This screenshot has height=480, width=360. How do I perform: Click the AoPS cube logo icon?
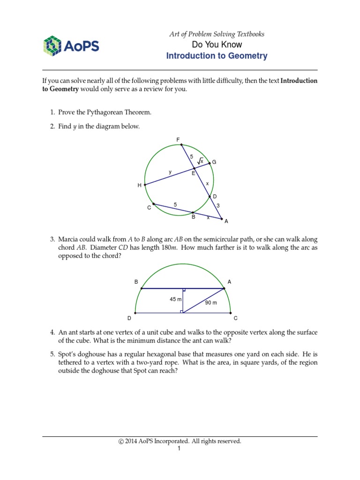point(52,46)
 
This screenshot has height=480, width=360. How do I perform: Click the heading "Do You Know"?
point(217,45)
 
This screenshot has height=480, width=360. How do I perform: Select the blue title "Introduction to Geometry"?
point(217,56)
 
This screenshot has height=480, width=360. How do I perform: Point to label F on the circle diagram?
point(178,139)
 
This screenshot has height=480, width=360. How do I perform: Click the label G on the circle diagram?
point(214,162)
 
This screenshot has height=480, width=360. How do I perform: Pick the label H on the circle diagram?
point(139,186)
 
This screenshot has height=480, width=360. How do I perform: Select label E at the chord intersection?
point(193,173)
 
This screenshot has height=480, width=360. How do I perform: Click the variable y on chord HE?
point(170,172)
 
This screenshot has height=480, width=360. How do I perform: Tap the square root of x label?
point(200,161)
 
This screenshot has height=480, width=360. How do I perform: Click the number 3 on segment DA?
point(218,205)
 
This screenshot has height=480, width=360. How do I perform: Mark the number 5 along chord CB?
point(175,205)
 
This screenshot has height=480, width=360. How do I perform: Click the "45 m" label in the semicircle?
point(176,299)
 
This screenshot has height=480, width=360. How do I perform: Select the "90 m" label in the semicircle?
point(210,303)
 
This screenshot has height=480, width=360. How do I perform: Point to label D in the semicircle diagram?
point(129,318)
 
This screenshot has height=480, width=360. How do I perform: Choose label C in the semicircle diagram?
point(236,318)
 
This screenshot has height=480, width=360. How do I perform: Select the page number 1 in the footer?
point(179,449)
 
